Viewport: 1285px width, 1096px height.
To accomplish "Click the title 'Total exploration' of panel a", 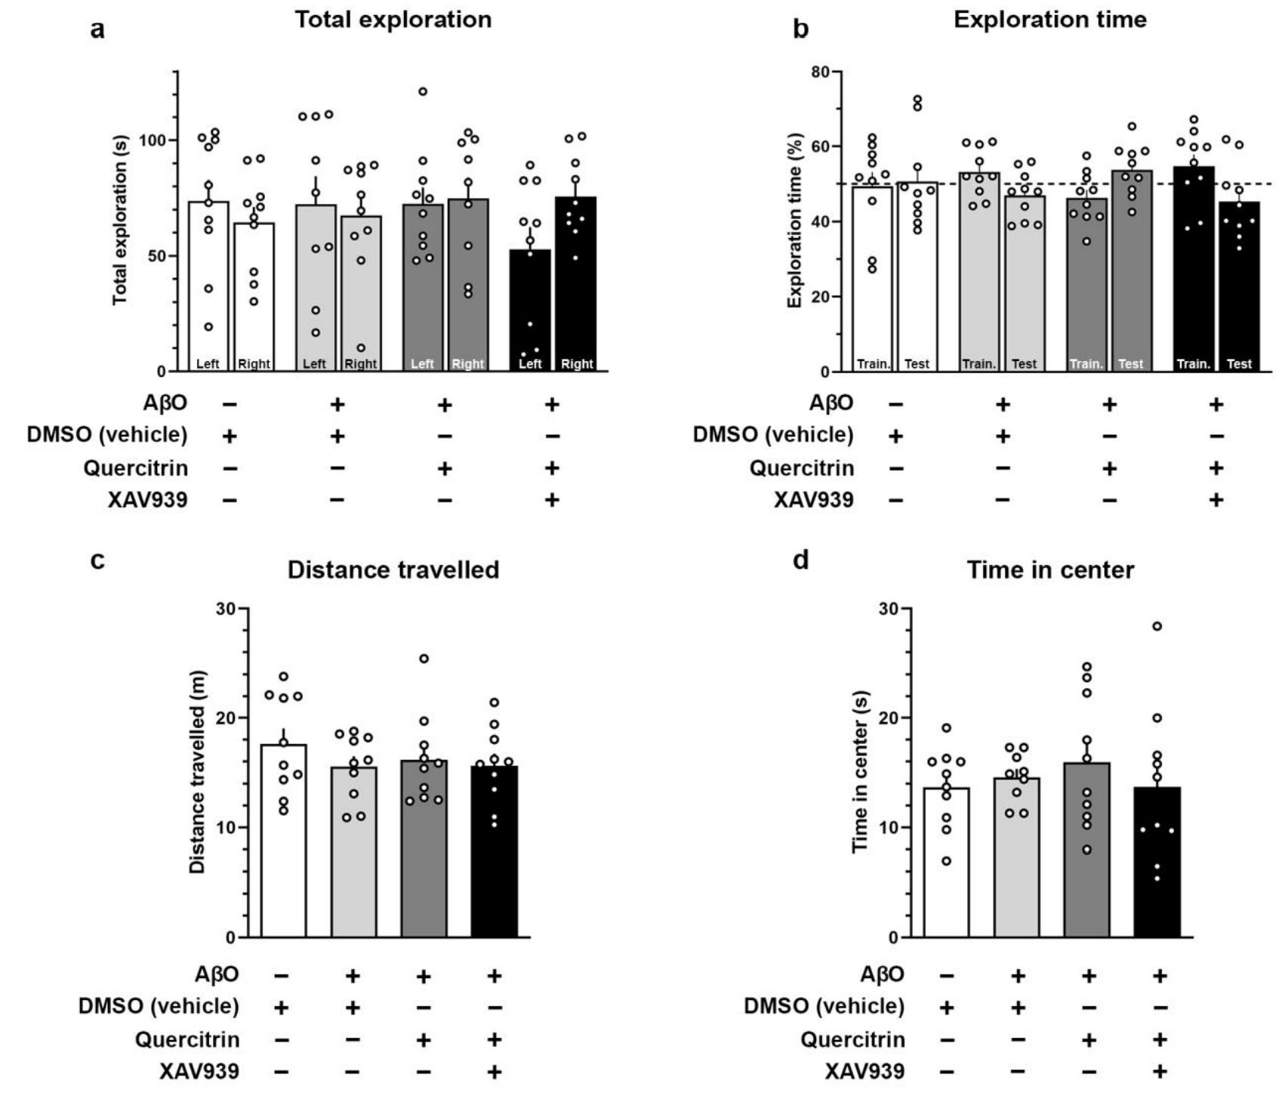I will coord(393,20).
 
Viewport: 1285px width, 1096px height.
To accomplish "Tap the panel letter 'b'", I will coord(801,29).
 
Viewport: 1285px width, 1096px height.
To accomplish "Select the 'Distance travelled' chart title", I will coord(393,570).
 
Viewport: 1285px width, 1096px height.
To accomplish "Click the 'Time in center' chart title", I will coord(1050,570).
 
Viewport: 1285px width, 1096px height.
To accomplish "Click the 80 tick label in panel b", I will coord(820,73).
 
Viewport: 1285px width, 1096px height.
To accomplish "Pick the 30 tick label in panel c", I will coord(225,608).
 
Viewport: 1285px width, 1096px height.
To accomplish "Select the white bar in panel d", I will coord(947,862).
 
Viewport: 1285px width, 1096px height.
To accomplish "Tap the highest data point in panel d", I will coord(1157,626).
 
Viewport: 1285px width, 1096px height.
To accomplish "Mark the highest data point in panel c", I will coord(424,659).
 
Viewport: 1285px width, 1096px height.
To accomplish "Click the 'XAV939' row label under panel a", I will coord(147,500).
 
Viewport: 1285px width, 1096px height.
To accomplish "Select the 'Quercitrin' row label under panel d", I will coord(852,1040).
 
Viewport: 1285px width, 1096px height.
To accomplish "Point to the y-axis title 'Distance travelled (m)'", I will coord(198,772).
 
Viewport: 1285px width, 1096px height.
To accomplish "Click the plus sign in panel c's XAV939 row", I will coord(495,1071).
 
